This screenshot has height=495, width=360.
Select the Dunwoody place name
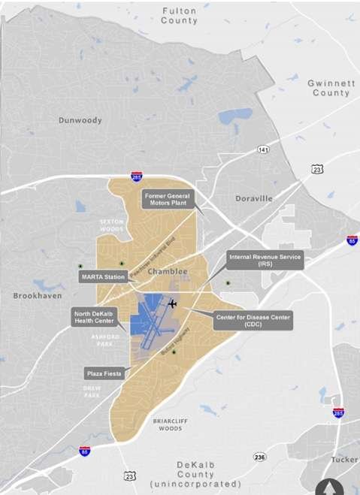click(x=80, y=120)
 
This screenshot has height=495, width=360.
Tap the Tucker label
click(x=343, y=459)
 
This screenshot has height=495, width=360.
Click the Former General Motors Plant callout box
click(x=168, y=200)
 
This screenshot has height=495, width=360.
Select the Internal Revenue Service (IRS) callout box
click(x=265, y=261)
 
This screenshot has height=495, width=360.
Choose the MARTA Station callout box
click(x=103, y=276)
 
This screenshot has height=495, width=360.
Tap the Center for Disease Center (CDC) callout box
click(x=253, y=318)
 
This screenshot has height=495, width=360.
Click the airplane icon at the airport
click(x=173, y=304)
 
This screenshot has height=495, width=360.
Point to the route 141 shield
click(x=262, y=150)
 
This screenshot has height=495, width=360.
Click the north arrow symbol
click(x=328, y=487)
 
